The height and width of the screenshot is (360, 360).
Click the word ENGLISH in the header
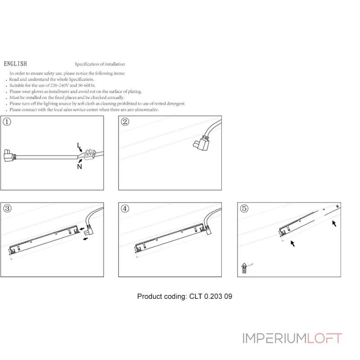click(x=15, y=64)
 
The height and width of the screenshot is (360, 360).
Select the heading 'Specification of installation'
click(x=100, y=64)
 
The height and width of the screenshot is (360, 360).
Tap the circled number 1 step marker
click(x=7, y=122)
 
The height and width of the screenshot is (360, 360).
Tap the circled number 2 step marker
click(x=125, y=122)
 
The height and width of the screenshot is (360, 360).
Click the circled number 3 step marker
click(x=7, y=208)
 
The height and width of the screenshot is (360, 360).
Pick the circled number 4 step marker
click(x=125, y=208)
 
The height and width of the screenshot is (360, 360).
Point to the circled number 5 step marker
click(x=244, y=208)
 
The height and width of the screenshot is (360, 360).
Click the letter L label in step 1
click(x=78, y=144)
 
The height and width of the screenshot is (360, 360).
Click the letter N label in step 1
click(x=79, y=166)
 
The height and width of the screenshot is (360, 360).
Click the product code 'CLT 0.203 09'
click(x=210, y=297)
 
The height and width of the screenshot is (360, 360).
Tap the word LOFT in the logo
click(x=325, y=338)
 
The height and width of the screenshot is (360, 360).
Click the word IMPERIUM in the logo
click(x=274, y=338)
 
